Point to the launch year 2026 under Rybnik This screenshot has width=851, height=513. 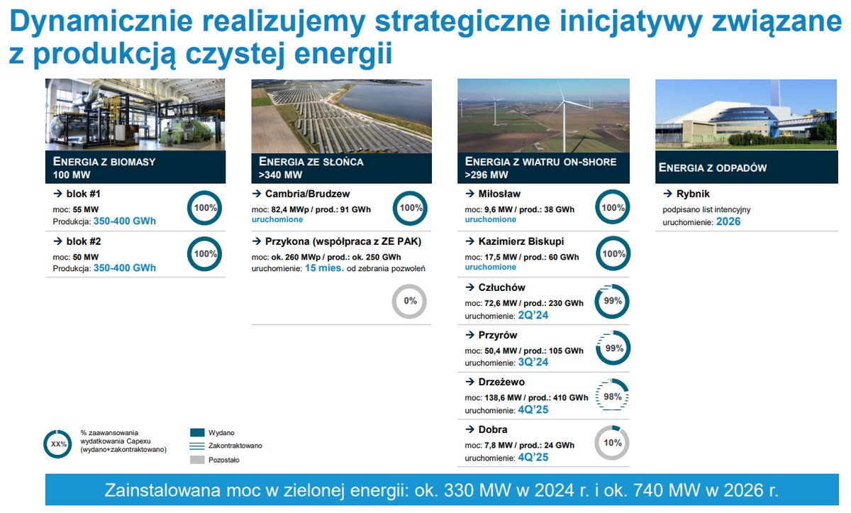click(x=728, y=221)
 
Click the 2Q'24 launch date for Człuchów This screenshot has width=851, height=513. click(x=533, y=315)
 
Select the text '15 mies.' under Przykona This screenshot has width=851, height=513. click(x=324, y=268)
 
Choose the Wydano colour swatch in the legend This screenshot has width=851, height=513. click(x=197, y=432)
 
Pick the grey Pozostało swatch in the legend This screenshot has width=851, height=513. click(x=197, y=460)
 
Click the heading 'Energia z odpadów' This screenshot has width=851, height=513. click(x=713, y=167)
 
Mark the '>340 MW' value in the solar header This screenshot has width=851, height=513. click(x=280, y=175)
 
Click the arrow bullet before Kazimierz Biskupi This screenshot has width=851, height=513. click(x=470, y=241)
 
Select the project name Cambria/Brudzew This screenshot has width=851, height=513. click(x=307, y=194)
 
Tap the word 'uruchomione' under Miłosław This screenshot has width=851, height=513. click(x=491, y=219)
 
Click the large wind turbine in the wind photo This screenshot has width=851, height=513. click(x=564, y=118)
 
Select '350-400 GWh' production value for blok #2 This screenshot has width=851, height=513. click(x=125, y=268)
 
